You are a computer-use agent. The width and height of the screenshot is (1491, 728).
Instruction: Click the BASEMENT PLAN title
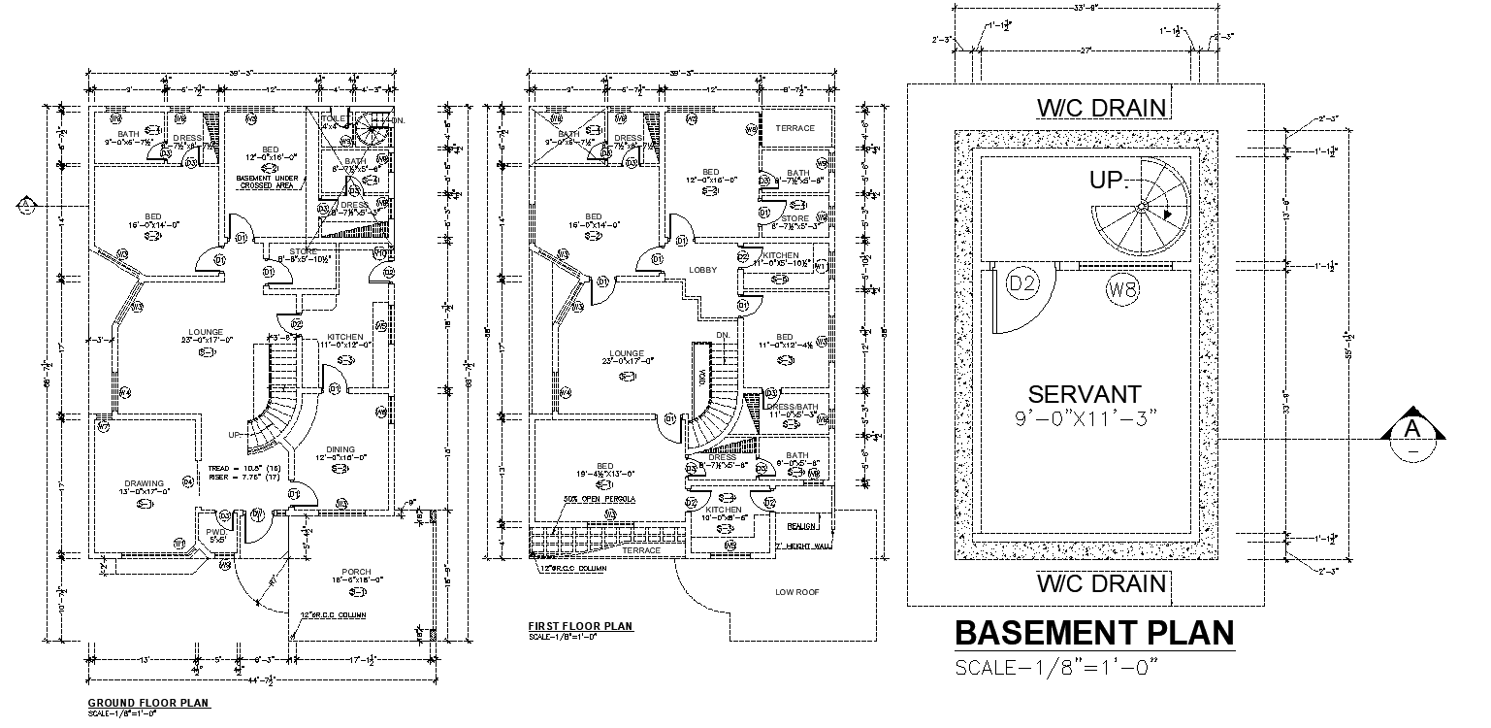tap(1095, 633)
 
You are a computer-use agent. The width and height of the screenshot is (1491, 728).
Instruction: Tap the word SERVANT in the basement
tap(1085, 394)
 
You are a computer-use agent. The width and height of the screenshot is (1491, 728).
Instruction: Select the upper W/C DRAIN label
tap(1101, 107)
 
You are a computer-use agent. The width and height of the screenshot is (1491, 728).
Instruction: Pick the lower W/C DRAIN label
tap(1101, 583)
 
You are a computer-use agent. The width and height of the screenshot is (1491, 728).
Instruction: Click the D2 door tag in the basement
tap(1023, 284)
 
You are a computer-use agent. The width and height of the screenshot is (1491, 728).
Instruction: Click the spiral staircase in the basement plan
tap(1143, 206)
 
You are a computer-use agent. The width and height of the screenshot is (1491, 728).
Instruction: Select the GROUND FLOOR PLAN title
tap(148, 702)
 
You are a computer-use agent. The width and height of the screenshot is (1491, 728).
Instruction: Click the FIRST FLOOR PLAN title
tap(580, 626)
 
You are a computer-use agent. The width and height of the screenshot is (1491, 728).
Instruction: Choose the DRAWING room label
tap(144, 483)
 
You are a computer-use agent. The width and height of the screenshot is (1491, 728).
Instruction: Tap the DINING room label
tap(340, 449)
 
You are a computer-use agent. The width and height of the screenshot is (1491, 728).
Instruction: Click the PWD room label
tap(215, 531)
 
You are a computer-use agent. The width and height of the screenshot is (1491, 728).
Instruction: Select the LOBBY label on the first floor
tap(702, 270)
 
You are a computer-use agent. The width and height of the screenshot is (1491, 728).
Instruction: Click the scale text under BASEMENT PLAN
tap(1057, 667)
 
